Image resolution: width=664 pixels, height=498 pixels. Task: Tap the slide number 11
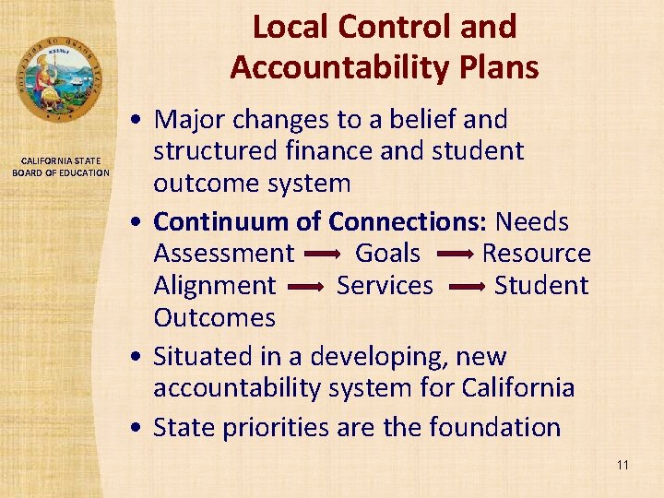tap(622, 465)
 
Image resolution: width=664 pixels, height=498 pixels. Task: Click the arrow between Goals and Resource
tap(452, 254)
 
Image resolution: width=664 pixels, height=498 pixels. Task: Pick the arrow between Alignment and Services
tap(306, 287)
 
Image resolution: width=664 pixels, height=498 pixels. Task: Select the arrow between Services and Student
tap(464, 287)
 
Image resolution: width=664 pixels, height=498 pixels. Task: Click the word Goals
tap(387, 253)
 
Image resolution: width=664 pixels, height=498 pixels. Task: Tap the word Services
tap(385, 286)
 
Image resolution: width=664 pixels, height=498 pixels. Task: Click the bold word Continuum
tap(218, 221)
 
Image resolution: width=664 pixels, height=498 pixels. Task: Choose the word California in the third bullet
tap(517, 388)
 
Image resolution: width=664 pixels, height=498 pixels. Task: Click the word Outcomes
tap(214, 318)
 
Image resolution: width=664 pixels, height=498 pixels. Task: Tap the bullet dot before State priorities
tap(136, 428)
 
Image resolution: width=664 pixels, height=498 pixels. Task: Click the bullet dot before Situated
tap(136, 357)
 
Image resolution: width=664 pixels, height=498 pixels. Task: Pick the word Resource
tap(537, 253)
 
